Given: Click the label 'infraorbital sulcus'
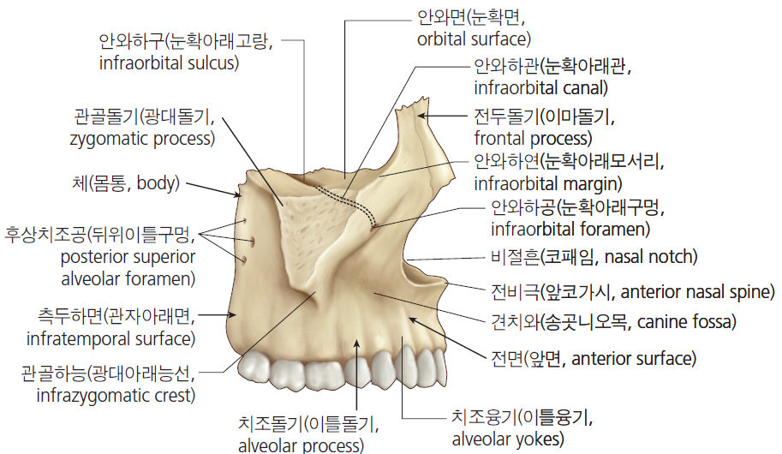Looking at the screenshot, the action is point(169,63).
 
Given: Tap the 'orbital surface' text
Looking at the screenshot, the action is point(474,39).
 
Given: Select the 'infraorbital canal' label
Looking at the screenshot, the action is point(540,88).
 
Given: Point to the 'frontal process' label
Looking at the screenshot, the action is point(533,138).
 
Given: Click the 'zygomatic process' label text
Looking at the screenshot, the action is point(143,139).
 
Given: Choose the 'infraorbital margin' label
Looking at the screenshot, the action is point(547,184).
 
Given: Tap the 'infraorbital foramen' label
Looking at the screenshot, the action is point(570,230).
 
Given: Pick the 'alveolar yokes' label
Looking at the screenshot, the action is point(508,439).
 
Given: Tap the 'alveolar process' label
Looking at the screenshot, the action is point(301,445).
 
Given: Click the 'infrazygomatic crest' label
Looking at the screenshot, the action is point(116,396).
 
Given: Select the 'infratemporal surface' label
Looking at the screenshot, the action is point(110,339).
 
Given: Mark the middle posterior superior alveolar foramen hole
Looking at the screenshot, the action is point(252,242).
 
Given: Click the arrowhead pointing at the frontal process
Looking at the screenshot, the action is point(421,116).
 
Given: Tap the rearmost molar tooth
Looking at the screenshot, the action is point(254,368).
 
